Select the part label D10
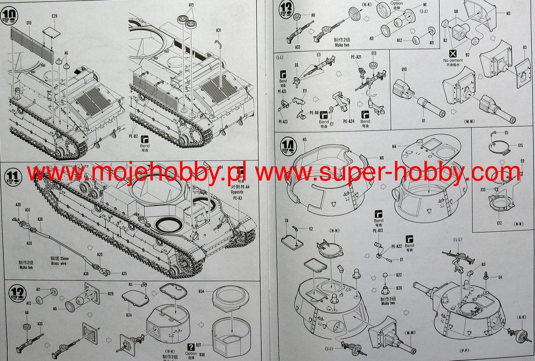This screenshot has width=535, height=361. [x=29, y=23]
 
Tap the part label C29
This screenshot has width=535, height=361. [x=54, y=16]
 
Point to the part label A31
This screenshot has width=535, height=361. [x=218, y=30]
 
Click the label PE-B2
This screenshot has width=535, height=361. [x=133, y=136]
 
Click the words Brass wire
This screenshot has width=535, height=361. [x=59, y=263]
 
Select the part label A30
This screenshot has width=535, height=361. [x=18, y=205]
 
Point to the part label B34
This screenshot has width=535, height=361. [x=201, y=291]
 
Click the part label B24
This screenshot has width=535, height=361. [x=129, y=315]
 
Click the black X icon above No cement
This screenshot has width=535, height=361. [x=452, y=54]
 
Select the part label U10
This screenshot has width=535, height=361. [x=404, y=69]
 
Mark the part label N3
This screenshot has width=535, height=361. [x=508, y=13]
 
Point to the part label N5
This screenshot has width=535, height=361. [x=304, y=140]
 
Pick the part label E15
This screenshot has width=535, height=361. [x=520, y=145]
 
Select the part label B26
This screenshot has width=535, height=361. [x=399, y=288]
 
